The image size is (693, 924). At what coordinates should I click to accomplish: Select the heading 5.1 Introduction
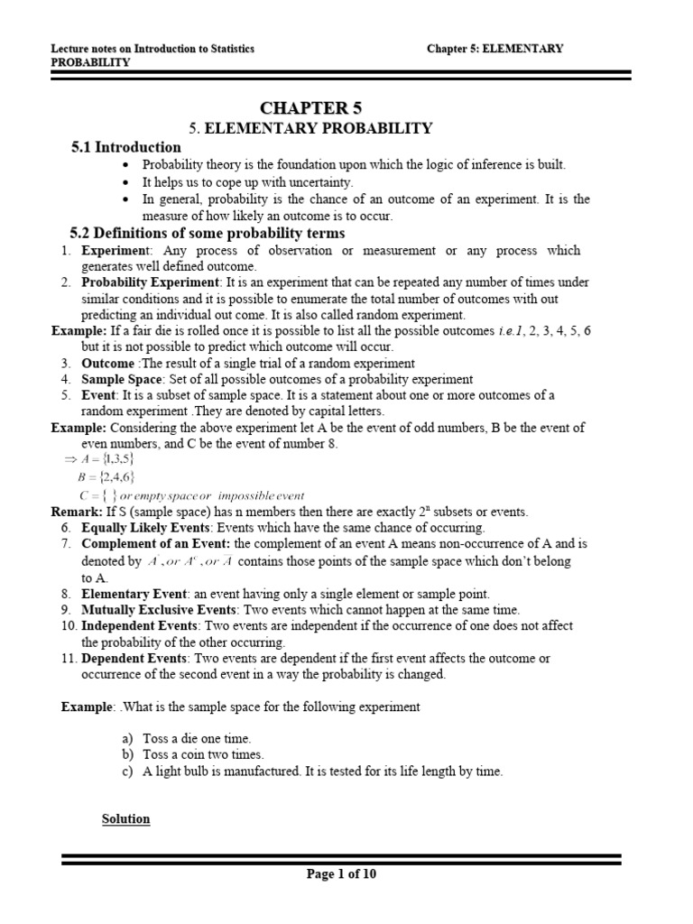(125, 147)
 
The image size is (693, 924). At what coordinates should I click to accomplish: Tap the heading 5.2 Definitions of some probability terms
(208, 234)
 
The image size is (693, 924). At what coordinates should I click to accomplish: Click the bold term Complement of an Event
(155, 543)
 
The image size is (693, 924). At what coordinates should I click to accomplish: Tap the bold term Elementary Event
(134, 594)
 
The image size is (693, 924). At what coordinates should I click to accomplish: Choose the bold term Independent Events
(140, 625)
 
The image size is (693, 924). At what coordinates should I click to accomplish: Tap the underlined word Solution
(125, 819)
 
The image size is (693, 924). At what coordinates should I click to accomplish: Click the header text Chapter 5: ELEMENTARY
(494, 49)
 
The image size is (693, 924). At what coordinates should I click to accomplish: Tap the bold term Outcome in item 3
(107, 363)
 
